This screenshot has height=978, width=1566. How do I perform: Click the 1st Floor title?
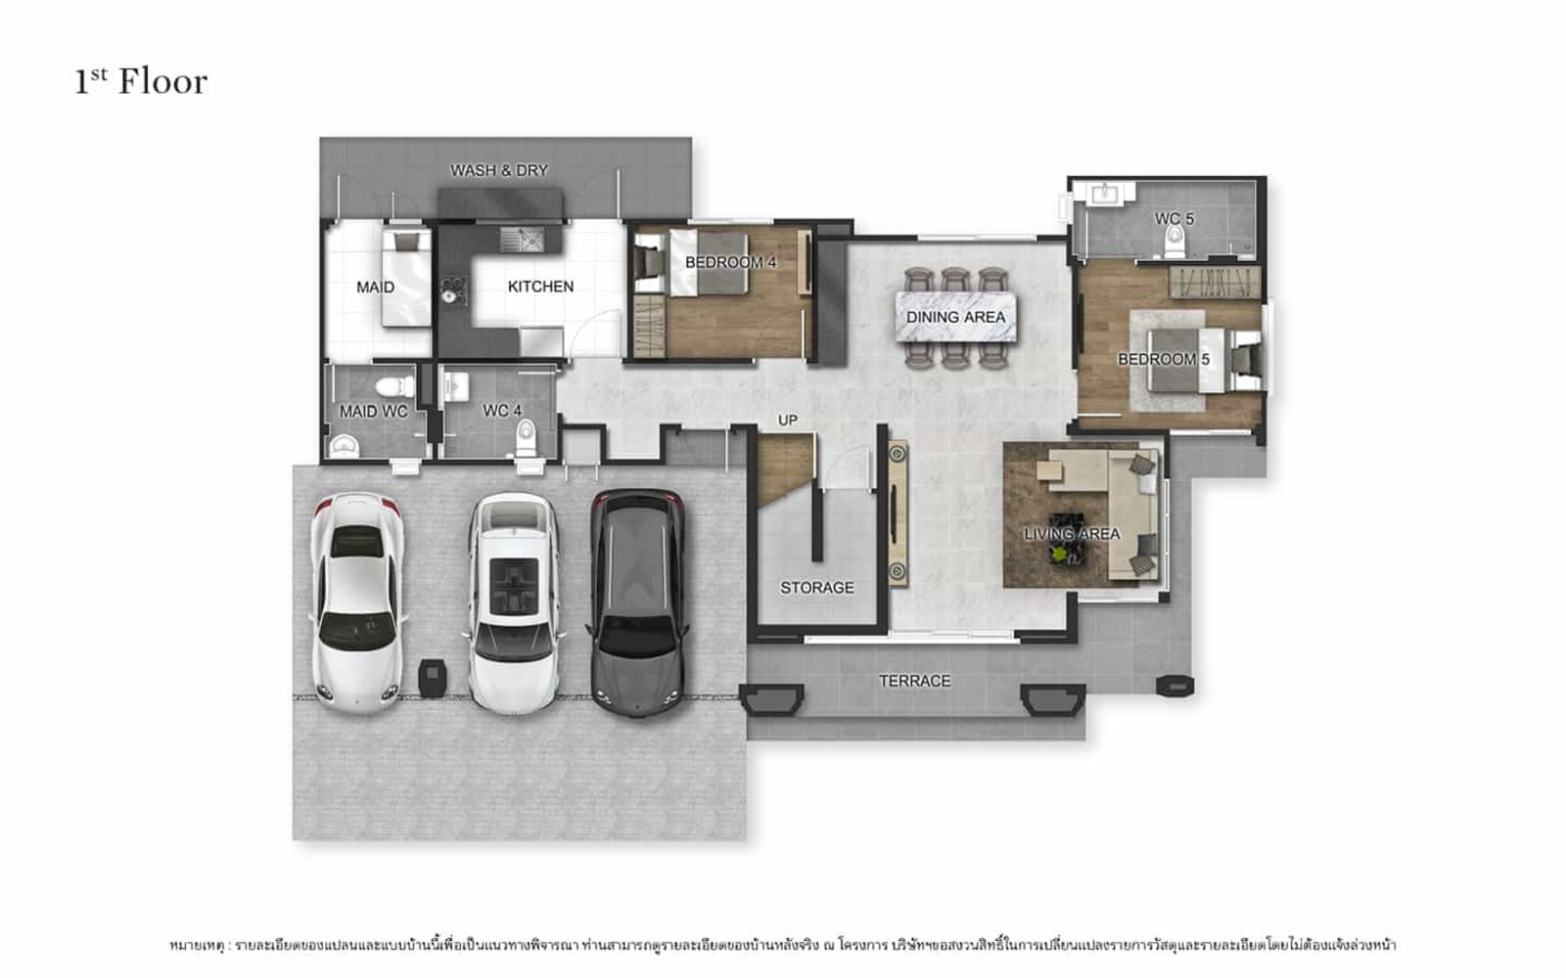click(141, 82)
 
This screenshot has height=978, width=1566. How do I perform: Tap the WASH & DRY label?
click(498, 170)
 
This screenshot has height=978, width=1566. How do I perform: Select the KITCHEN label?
click(540, 287)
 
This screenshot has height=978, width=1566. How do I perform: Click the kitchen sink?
click(523, 239)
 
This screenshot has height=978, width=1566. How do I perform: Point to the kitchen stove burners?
click(453, 289)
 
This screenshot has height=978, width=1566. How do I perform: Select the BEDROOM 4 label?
click(730, 263)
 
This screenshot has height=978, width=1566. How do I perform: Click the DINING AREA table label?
click(955, 317)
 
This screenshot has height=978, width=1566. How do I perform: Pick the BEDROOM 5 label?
click(1164, 359)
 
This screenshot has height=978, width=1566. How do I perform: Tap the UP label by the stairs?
click(788, 420)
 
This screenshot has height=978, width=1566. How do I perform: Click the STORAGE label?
click(817, 588)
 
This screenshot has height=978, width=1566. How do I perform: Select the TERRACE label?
click(914, 681)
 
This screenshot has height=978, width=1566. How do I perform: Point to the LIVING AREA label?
click(1072, 534)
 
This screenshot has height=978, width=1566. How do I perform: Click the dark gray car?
click(637, 602)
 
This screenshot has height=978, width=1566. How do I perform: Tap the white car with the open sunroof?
click(514, 603)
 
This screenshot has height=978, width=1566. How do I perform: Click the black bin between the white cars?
click(432, 678)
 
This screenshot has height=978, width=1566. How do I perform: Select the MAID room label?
click(376, 288)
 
